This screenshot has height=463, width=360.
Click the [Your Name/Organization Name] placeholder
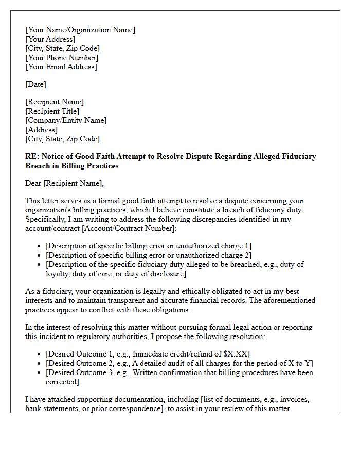pos(80,30)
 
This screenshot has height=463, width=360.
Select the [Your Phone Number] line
pos(62,58)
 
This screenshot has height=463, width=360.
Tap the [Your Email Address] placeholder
pos(61,67)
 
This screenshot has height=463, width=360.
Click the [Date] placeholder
pos(35,84)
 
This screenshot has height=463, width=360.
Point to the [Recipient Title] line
pos(52,111)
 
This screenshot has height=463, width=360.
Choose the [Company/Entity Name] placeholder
pos(66,120)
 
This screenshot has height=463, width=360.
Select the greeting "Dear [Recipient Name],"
pos(64,183)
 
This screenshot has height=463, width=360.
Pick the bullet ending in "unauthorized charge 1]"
pos(149,246)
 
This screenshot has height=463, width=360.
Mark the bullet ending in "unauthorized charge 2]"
pos(149,255)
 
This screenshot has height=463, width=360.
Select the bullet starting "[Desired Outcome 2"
pos(179,363)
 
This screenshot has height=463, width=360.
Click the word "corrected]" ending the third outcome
pos(62,382)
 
